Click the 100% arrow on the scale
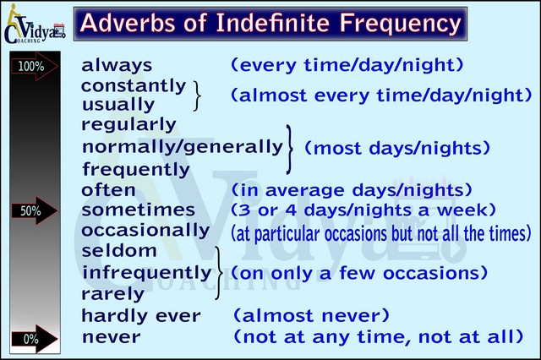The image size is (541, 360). click(x=34, y=66)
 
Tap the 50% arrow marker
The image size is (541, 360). click(x=34, y=210)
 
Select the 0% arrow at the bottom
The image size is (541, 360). click(x=34, y=339)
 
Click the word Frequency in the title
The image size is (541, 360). click(x=400, y=25)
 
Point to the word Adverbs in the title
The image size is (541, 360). click(x=128, y=23)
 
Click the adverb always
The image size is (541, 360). click(x=117, y=65)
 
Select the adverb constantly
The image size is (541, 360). click(x=134, y=86)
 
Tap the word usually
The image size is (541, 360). click(x=118, y=105)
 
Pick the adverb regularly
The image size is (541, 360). click(x=128, y=125)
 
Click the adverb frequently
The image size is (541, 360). click(x=136, y=170)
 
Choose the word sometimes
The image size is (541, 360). click(x=139, y=210)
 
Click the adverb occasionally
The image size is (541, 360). click(x=145, y=231)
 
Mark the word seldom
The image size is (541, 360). click(x=119, y=251)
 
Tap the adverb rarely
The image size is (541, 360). click(x=112, y=294)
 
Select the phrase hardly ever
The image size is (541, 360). click(x=141, y=316)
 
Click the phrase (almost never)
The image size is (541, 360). click(x=312, y=315)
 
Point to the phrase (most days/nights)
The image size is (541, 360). click(x=397, y=148)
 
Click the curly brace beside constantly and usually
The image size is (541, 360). click(x=197, y=96)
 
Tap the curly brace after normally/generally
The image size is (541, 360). click(x=289, y=150)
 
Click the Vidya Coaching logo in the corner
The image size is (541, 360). click(x=34, y=25)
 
